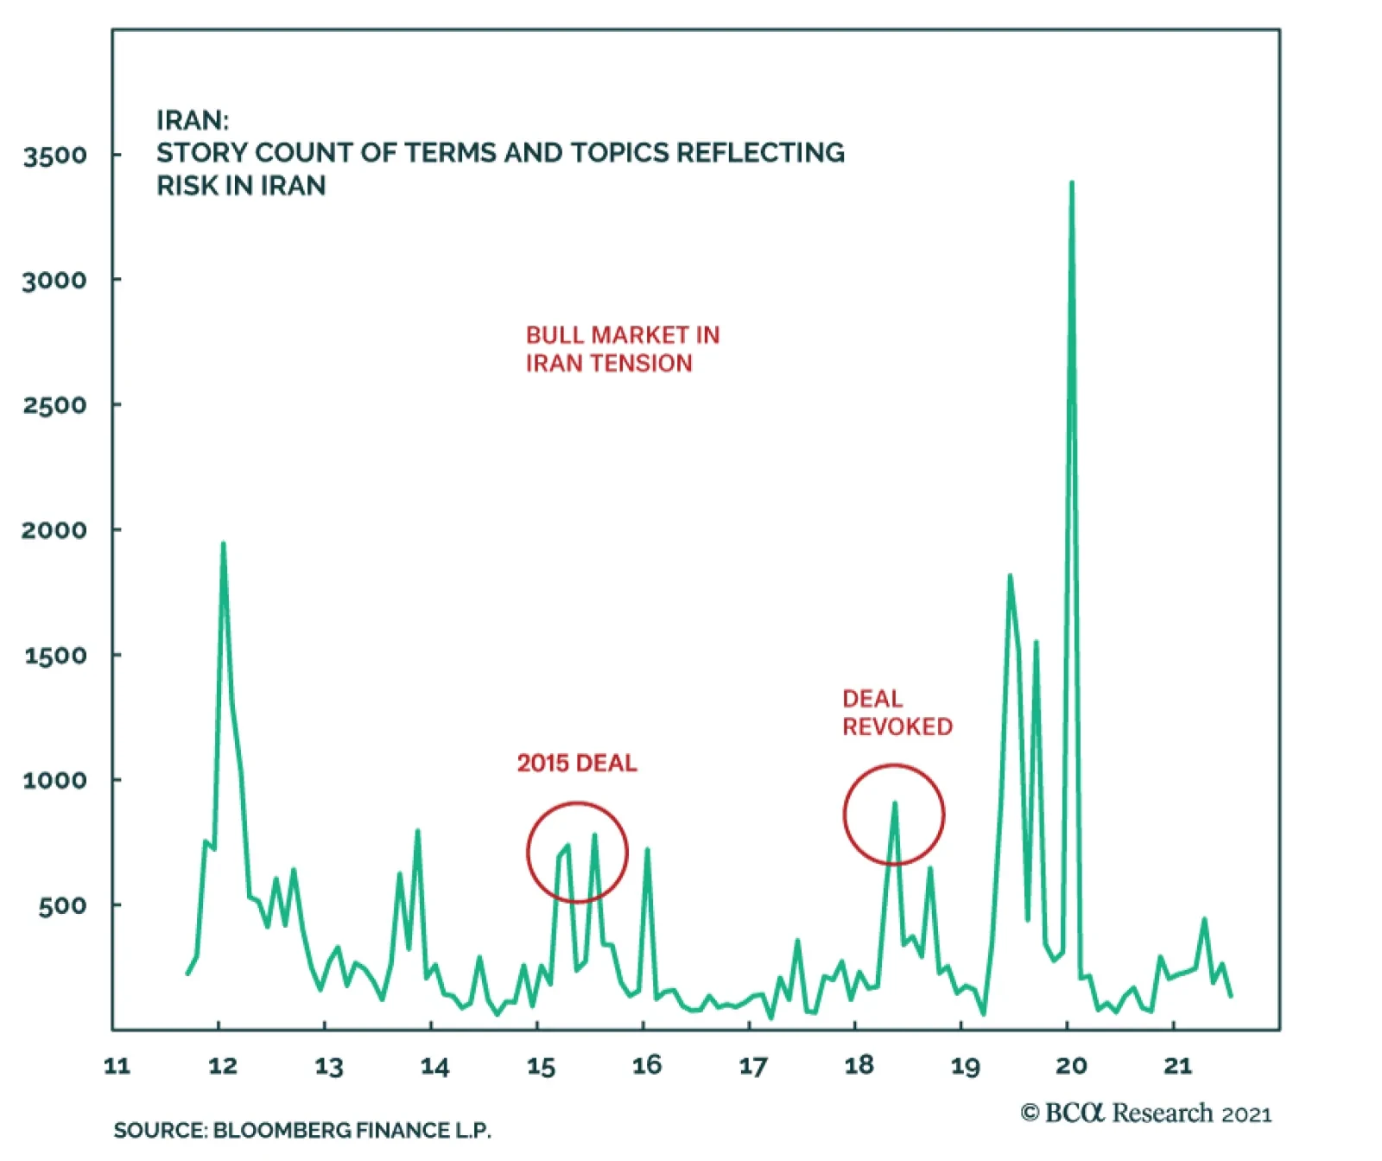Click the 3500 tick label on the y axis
(55, 156)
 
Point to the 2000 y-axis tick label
(55, 530)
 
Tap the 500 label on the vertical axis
(62, 906)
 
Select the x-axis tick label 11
(117, 1066)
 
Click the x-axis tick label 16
(647, 1066)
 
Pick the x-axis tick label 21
(1178, 1066)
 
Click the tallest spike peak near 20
(1072, 183)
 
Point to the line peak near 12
(223, 544)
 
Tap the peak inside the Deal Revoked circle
(895, 803)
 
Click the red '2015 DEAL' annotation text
(577, 764)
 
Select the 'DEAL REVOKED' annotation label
(897, 713)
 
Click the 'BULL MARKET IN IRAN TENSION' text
(622, 349)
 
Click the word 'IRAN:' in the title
(193, 120)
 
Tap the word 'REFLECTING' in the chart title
(760, 153)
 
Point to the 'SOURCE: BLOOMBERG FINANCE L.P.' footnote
(302, 1130)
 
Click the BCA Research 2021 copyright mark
(1146, 1113)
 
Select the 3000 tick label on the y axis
(55, 281)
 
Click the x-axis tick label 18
(859, 1066)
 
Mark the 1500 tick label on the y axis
(55, 656)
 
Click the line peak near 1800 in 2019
(1010, 575)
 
